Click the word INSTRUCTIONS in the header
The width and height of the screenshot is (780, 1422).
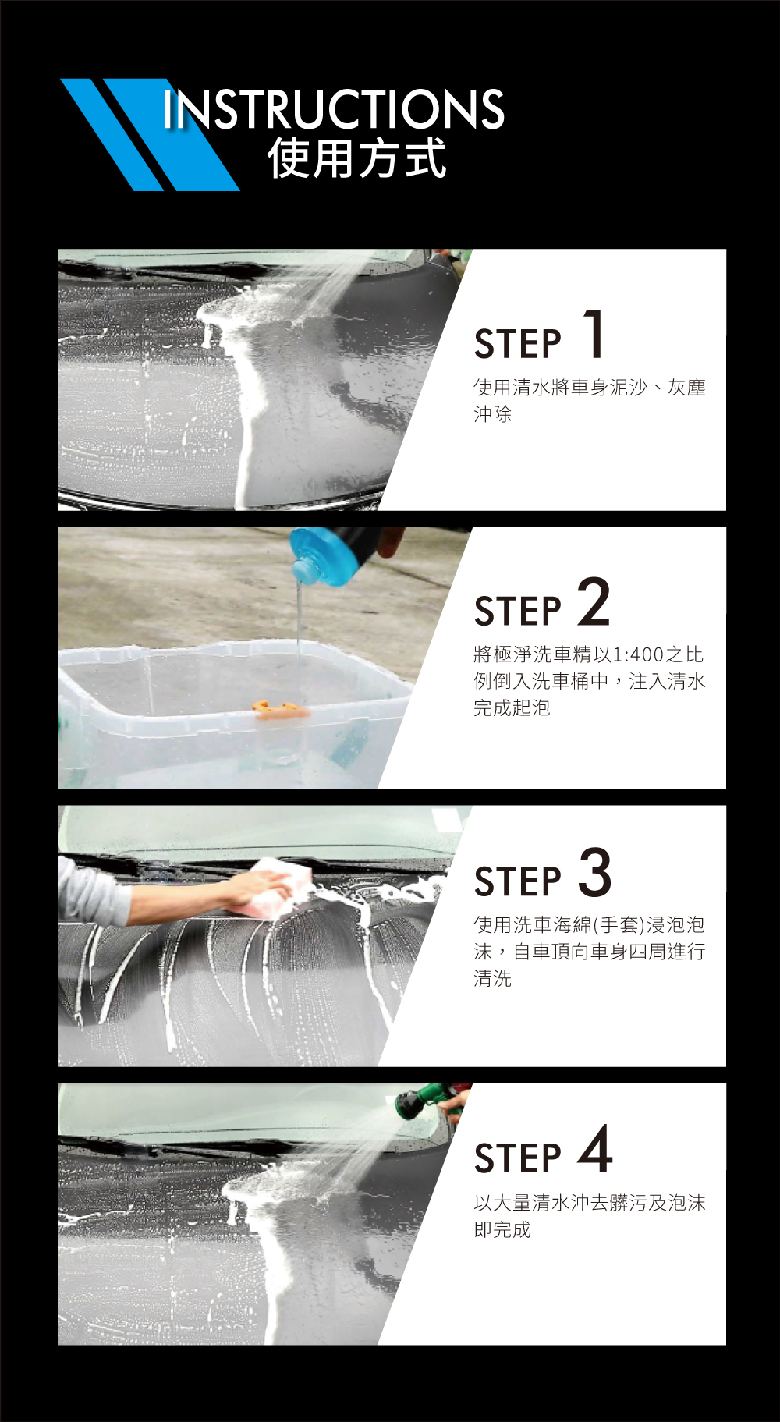[x=334, y=108]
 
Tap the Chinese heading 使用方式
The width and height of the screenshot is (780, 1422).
[x=357, y=158]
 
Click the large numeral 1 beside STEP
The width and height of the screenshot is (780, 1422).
[x=594, y=334]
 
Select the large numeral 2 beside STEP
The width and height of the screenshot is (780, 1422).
[x=594, y=601]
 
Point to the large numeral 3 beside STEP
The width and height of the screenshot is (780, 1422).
[x=595, y=872]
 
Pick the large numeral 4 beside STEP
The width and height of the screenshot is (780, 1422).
[x=595, y=1149]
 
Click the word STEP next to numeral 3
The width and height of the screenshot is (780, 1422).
[x=518, y=881]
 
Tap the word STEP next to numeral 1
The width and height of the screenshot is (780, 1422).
[x=518, y=344]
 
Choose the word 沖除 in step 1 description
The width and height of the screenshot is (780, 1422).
[x=493, y=414]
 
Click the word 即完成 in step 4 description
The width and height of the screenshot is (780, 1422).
[x=502, y=1229]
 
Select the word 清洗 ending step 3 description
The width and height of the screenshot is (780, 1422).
[x=493, y=978]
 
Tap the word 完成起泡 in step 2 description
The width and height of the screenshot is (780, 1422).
[x=512, y=707]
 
